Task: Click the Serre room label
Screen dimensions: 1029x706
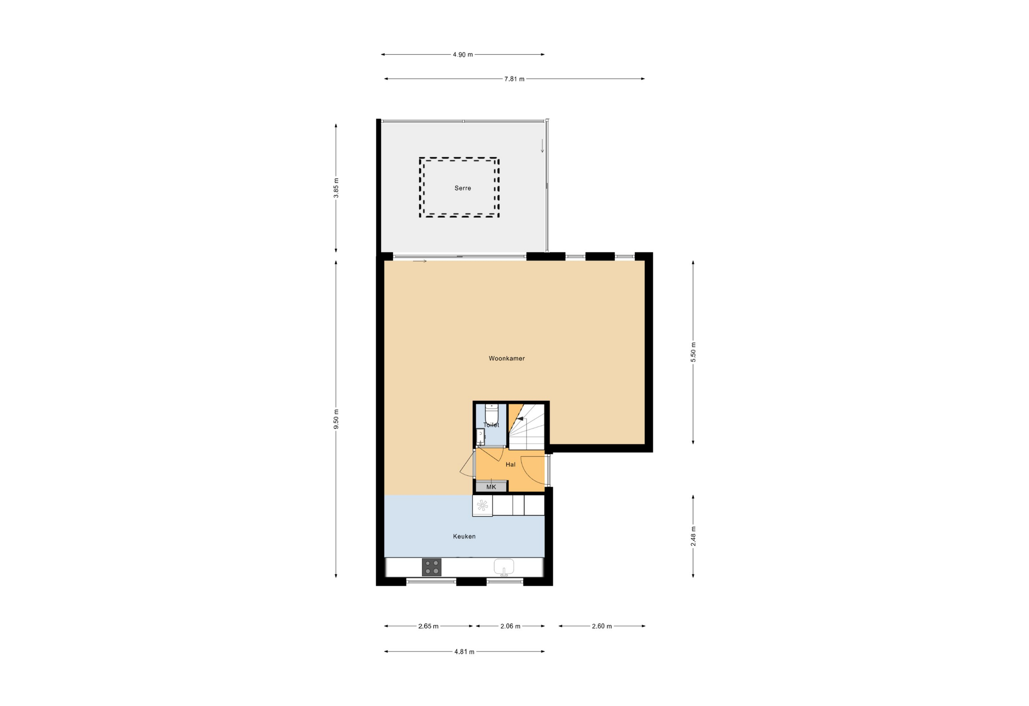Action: tap(463, 188)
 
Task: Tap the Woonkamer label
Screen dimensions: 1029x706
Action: tap(506, 358)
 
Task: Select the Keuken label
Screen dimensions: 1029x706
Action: tap(464, 536)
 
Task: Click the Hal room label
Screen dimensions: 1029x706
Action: tap(510, 465)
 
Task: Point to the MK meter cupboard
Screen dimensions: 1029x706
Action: tap(491, 487)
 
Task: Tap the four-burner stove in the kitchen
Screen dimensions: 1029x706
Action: tap(431, 567)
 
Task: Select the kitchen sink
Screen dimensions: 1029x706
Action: tap(504, 567)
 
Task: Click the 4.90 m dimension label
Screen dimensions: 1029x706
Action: tap(463, 55)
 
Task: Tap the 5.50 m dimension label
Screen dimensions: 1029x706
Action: tap(693, 352)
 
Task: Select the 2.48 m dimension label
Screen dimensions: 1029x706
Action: tap(693, 536)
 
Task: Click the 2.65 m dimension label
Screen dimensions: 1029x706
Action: tap(428, 626)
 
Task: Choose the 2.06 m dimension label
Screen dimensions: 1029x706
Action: tap(510, 626)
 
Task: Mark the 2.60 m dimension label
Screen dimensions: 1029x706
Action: tap(602, 626)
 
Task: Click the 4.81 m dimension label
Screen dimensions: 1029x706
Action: tap(464, 652)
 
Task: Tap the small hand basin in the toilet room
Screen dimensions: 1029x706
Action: tap(480, 437)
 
